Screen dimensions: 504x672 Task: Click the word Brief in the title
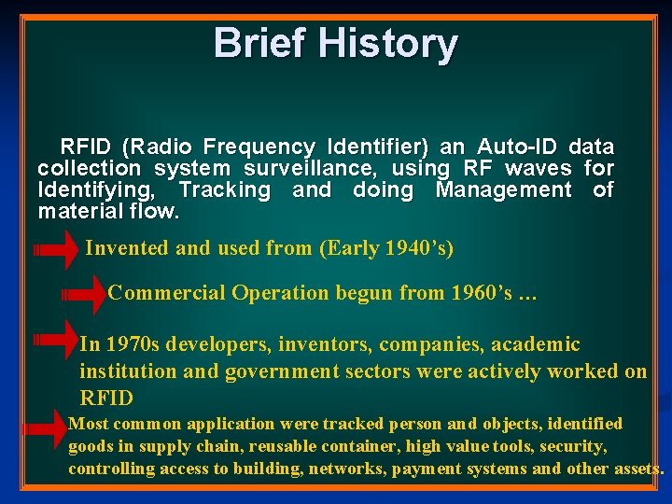259,43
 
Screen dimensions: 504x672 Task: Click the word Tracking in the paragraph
224,189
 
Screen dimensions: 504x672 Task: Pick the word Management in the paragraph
504,189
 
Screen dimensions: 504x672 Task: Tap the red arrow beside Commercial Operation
85,294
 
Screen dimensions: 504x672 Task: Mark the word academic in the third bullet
535,345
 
